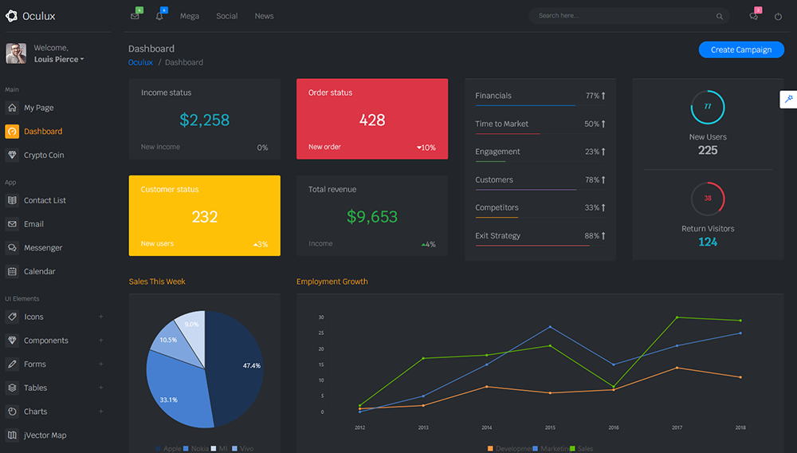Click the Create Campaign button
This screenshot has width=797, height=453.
[x=741, y=49]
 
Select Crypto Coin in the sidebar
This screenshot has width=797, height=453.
[x=44, y=155]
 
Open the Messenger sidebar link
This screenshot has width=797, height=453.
[x=43, y=248]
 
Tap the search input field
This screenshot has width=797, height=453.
[x=622, y=16]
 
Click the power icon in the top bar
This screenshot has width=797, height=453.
[x=778, y=16]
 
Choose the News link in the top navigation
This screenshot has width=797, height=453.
[x=264, y=16]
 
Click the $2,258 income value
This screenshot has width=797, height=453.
[x=204, y=120]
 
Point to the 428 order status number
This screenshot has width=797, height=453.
[x=372, y=120]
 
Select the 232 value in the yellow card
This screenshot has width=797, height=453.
[x=205, y=217]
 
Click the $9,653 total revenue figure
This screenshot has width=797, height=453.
[x=372, y=217]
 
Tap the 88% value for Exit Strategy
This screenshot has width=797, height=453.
[x=591, y=236]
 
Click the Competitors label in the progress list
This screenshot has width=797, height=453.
[x=497, y=207]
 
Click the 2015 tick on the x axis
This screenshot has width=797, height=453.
[x=550, y=428]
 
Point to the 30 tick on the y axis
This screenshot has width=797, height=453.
[x=321, y=317]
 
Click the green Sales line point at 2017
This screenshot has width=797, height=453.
[x=677, y=317]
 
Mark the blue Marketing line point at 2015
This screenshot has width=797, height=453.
[x=550, y=327]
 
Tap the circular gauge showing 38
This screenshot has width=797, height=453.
[x=708, y=199]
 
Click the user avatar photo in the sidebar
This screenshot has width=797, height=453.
[x=16, y=53]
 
